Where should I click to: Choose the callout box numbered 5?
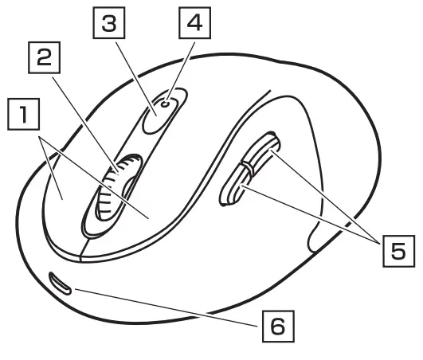[396, 252]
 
